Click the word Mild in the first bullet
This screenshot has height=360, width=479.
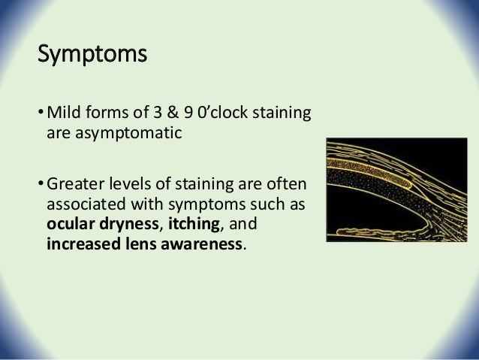coord(63,114)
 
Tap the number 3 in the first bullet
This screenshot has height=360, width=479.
coord(163,114)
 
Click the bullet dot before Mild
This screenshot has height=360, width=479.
coord(40,115)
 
